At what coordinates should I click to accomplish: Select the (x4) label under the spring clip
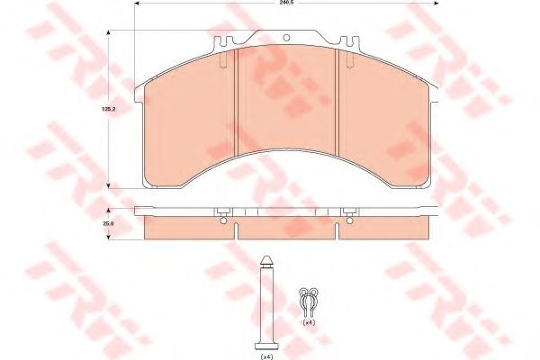[309, 321]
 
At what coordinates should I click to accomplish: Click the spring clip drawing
[309, 296]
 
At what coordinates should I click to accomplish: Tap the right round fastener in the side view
[346, 212]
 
